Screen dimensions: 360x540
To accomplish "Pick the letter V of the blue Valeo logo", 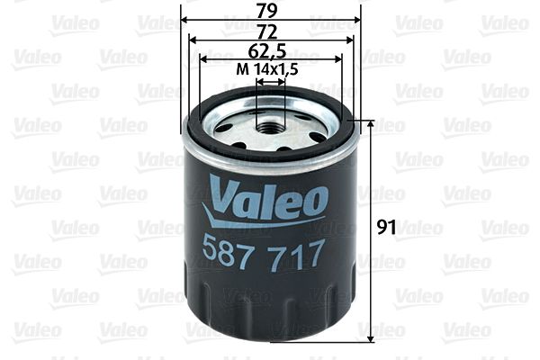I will point(221,193).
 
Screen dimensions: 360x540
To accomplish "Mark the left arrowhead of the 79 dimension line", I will point(184,19).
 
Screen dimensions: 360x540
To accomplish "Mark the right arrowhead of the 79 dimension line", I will point(356,19).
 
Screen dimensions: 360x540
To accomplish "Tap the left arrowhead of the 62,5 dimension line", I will point(203,58).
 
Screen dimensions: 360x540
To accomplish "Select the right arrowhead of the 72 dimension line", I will point(347,39).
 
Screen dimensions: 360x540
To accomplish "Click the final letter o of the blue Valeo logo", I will point(314,202).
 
